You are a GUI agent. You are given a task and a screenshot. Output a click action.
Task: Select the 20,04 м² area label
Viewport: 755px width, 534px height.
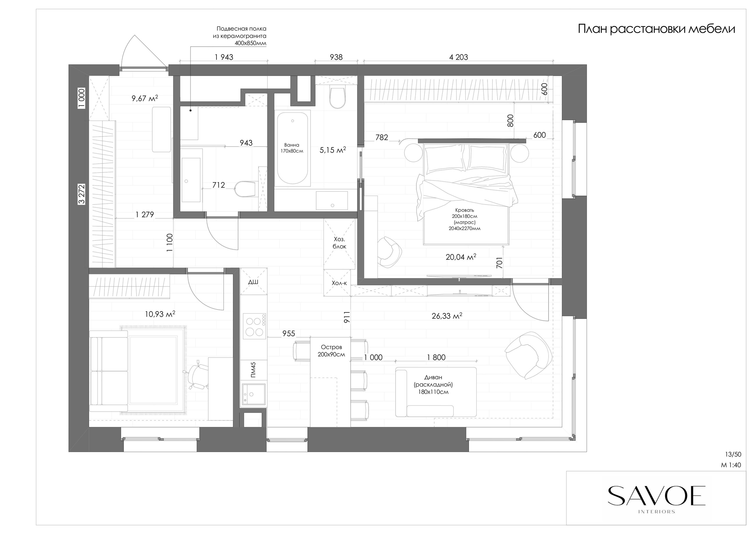tap(461, 257)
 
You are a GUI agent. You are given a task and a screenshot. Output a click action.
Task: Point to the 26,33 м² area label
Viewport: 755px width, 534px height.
tap(447, 316)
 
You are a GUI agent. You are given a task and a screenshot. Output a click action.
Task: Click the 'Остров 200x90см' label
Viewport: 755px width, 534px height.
tap(331, 351)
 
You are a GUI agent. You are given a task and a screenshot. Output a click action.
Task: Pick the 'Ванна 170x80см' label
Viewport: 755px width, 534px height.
tap(292, 148)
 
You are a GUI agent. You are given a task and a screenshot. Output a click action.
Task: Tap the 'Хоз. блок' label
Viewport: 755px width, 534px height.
tap(339, 243)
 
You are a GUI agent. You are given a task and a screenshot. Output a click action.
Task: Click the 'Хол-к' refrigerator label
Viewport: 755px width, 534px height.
tap(339, 283)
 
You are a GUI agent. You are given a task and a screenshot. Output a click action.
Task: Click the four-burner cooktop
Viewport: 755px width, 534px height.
tap(255, 326)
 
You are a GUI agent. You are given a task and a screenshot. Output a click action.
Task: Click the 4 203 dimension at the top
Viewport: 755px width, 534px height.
tap(458, 57)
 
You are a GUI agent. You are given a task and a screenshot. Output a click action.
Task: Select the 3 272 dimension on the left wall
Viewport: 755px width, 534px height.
tap(82, 194)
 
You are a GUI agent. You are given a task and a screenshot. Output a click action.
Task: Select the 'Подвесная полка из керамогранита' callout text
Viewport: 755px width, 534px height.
tap(239, 32)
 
